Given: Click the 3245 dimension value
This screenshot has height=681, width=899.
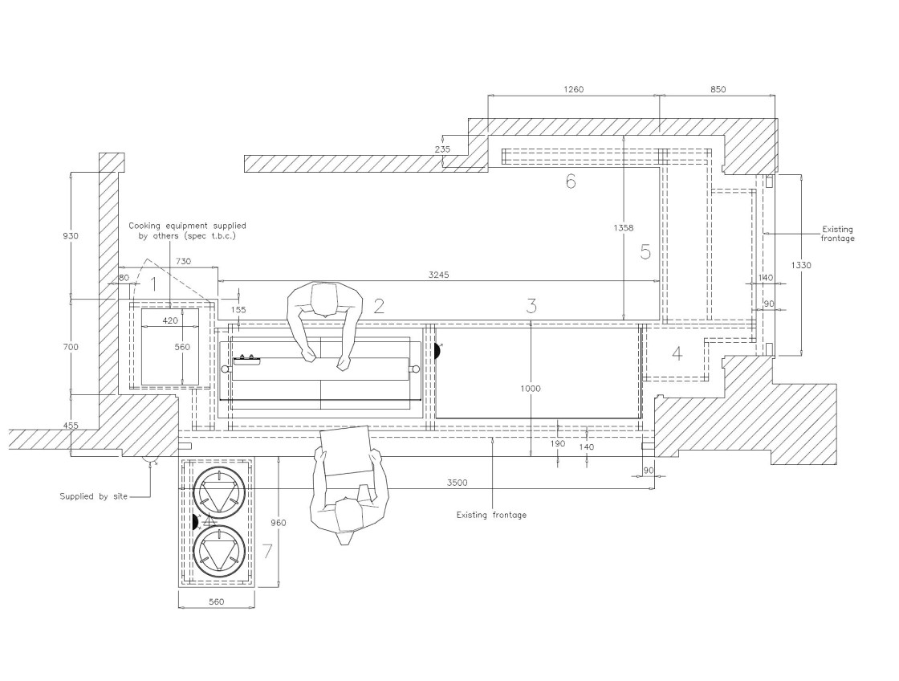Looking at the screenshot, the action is tap(438, 275).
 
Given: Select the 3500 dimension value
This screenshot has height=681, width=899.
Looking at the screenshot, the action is tap(457, 483).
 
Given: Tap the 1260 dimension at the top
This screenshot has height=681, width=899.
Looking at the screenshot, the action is tap(573, 89).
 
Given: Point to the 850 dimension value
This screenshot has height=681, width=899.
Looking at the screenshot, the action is tap(718, 89).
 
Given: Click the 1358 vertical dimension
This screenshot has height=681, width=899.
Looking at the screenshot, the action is tap(623, 228).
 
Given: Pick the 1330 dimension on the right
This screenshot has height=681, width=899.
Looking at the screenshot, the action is tap(801, 265).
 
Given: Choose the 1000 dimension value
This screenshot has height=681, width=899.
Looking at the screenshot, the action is tap(531, 389).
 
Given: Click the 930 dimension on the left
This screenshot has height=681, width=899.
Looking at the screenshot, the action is tap(71, 236).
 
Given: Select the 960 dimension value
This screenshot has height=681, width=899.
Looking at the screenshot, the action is tap(278, 523).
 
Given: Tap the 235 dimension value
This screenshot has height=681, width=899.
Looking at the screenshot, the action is tap(442, 149).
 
